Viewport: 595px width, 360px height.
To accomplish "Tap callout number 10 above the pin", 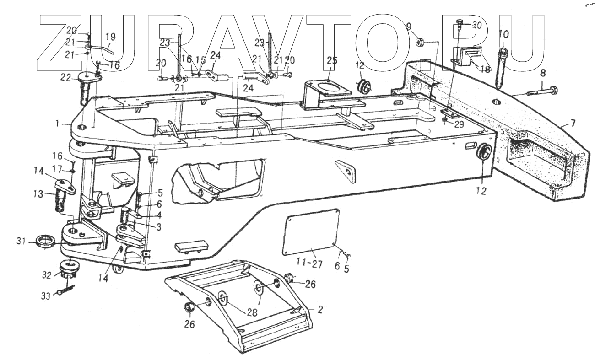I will point(503,34).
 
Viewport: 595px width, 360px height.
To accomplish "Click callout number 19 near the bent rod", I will point(111,37).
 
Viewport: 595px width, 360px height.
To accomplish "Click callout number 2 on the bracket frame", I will point(320,310).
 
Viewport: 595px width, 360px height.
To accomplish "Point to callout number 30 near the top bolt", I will point(476,26).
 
